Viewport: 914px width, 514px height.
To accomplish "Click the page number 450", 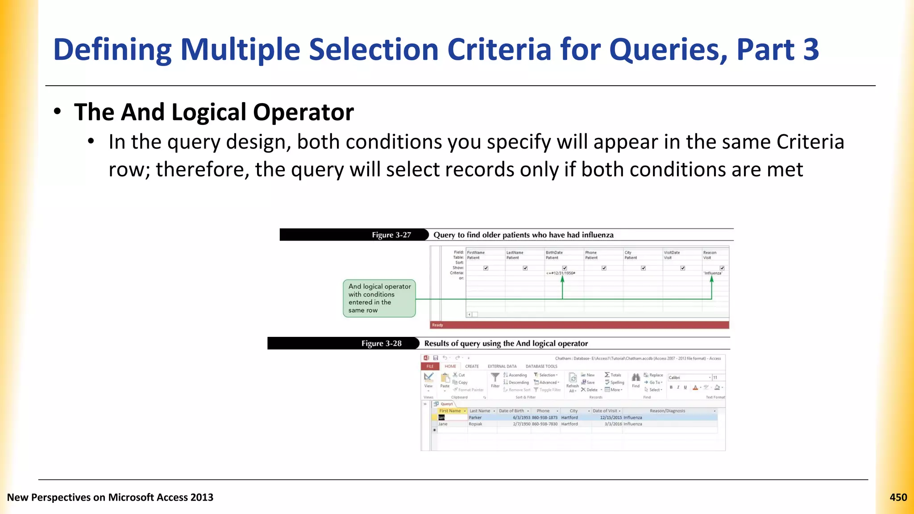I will pos(898,497).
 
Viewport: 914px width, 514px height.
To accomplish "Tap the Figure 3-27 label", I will pos(391,235).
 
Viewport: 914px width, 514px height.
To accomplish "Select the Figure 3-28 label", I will pos(381,344).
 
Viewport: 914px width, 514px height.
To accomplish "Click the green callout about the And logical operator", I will pos(379,298).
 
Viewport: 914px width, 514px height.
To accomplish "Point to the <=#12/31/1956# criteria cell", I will pos(561,273).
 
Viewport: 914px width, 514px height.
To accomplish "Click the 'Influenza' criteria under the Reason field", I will pos(712,273).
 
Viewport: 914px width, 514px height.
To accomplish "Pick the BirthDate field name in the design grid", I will pos(554,253).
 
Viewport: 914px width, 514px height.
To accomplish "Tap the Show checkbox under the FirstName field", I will pos(486,268).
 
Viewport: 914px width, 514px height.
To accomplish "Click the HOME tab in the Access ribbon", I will pos(450,366).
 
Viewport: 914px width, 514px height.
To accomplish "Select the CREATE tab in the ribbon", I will pos(472,366).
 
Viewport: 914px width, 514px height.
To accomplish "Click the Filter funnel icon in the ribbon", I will pos(495,378).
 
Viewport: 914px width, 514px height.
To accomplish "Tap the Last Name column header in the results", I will pos(480,411).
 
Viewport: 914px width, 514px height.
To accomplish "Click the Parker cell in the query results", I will pos(475,418).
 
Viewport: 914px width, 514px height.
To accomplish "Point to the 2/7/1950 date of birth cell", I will pos(521,424).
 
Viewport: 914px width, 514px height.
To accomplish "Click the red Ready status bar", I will pos(579,325).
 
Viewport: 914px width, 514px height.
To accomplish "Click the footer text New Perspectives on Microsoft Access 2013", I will pos(110,497).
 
